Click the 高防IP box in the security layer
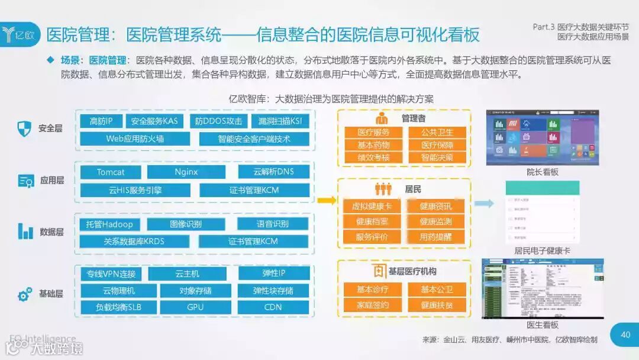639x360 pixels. click(101, 121)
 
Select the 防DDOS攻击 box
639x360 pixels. click(218, 121)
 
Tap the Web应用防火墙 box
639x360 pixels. click(135, 139)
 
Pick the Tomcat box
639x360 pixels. click(111, 172)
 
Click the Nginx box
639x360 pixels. click(186, 172)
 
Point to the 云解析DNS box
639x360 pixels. click(273, 172)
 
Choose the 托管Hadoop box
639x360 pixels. click(109, 224)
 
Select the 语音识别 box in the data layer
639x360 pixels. click(273, 224)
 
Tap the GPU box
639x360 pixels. click(195, 307)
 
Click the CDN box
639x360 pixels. click(273, 307)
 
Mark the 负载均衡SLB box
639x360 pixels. click(118, 307)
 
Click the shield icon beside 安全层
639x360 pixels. click(24, 128)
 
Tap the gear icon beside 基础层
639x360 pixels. click(25, 294)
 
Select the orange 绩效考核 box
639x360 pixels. click(373, 157)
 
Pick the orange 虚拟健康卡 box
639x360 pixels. click(372, 206)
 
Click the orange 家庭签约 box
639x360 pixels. click(373, 305)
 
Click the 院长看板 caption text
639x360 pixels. click(542, 172)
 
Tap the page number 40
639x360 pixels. click(625, 335)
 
